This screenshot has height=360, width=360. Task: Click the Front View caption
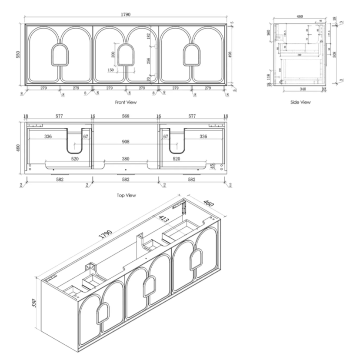126,103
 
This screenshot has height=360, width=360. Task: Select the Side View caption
300,103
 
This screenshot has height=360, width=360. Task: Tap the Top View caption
126,195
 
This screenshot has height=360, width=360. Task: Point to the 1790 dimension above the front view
126,14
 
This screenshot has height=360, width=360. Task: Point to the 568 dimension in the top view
126,117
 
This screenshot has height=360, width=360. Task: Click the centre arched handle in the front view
126,55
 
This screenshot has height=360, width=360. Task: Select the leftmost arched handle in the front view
60,55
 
